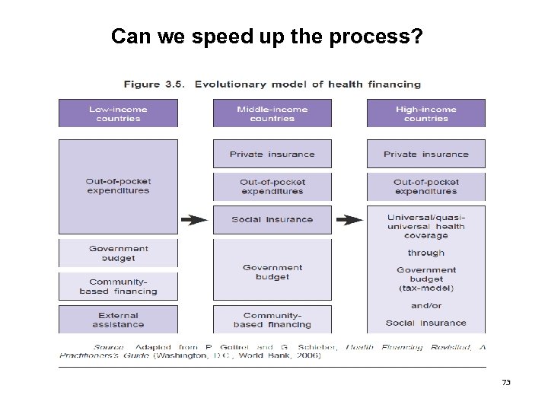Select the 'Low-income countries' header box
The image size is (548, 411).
pos(119,113)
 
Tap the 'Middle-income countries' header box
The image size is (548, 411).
pos(272,113)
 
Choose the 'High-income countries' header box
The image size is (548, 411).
pos(425,113)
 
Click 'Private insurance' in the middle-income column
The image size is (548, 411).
pos(272,154)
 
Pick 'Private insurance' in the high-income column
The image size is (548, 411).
pos(425,154)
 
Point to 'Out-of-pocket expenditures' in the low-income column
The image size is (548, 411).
pos(119,186)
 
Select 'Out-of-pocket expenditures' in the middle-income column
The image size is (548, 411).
pos(272,186)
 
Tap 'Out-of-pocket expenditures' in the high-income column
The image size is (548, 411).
pos(425,186)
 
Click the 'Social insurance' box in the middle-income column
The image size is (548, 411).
pos(272,219)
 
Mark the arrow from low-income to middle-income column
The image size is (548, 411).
pos(194,220)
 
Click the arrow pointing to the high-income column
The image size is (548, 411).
pos(349,220)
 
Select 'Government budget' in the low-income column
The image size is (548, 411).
pos(119,253)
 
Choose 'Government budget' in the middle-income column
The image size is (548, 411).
pos(272,272)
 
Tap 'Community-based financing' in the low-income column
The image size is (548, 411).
pos(119,286)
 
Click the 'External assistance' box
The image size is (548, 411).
pos(119,320)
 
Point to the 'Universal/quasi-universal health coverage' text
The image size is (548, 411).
pos(425,226)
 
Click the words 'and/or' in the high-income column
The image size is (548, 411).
pos(425,305)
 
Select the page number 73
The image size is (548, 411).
pos(506,381)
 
